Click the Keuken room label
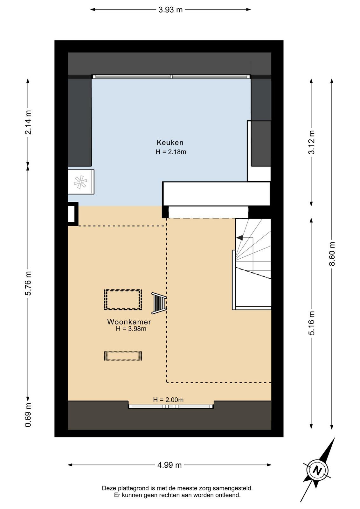tap(170, 143)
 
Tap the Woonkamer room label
tap(129, 322)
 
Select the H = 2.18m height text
tap(171, 152)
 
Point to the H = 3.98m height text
tap(131, 329)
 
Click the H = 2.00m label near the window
tap(168, 400)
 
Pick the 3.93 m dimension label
tap(170, 10)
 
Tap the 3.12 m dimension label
tap(311, 143)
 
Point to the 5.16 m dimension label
tap(311, 323)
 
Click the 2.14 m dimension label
tap(28, 122)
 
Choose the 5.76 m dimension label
tap(28, 283)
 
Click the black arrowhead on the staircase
tap(239, 238)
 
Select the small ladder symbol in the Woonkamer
tap(159, 303)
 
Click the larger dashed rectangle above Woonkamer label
tap(123, 299)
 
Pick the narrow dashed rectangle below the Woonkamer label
tap(123, 356)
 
